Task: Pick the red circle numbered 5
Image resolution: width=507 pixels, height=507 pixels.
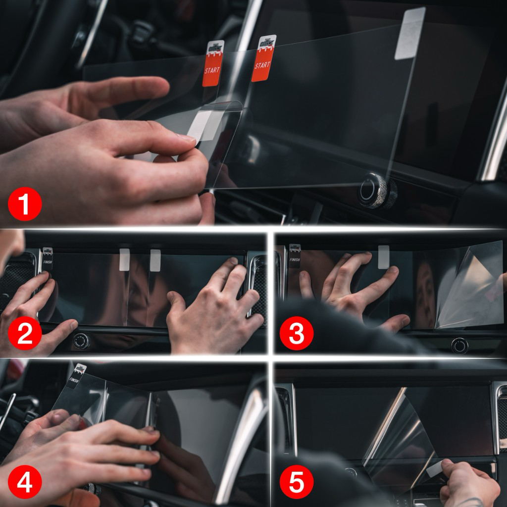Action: tap(296, 482)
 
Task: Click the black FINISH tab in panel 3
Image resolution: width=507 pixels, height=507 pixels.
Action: tap(295, 255)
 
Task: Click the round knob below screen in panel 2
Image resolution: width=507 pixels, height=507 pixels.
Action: tap(81, 341)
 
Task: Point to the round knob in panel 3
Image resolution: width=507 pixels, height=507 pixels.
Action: tap(459, 345)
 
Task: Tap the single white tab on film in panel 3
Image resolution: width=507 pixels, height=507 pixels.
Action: tap(383, 256)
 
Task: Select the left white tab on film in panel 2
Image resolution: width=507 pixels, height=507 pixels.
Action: tap(124, 259)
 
